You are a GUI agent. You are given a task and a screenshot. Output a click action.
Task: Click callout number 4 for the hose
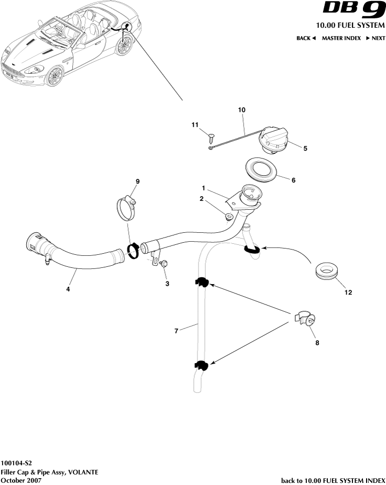pos(68,288)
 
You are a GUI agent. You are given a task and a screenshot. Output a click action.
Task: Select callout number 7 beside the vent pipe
pos(177,331)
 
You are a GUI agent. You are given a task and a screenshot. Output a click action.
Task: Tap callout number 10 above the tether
pos(241,110)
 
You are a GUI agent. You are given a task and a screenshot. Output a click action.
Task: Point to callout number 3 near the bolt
pos(168,284)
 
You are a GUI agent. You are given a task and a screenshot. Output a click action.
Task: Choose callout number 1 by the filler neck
pos(203,187)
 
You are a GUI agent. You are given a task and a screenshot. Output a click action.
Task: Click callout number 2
pos(201,198)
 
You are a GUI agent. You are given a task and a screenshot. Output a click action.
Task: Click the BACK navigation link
pos(306,38)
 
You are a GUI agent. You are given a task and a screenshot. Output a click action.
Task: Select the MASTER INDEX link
pos(341,38)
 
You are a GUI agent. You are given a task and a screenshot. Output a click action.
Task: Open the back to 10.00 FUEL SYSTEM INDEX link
pos(333,480)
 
